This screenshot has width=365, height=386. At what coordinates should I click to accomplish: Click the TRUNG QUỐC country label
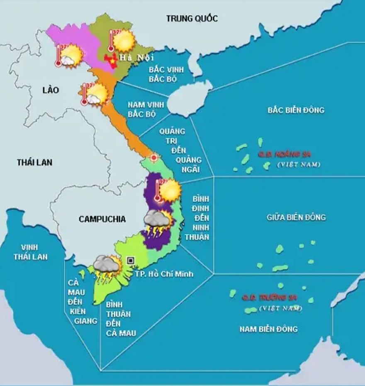pos(192,18)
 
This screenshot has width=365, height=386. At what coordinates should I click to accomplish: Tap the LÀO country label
pos(51,90)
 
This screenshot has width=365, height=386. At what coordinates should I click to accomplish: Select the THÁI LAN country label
pos(35,162)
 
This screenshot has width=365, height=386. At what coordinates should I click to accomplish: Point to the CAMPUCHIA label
pos(102,219)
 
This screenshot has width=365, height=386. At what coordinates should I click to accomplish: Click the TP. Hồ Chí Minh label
pos(164,274)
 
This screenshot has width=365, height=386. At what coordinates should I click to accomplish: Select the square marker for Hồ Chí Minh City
pos(131,260)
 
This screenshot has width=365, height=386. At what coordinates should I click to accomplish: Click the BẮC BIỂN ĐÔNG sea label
pos(296,110)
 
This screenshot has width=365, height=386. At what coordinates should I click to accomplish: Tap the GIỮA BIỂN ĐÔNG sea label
pos(296,217)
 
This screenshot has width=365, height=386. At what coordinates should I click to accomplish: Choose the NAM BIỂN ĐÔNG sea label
pos(268,329)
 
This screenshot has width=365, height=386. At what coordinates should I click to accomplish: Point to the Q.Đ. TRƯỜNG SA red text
pos(270,298)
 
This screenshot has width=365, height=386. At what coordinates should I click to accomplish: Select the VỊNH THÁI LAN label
pos(30,252)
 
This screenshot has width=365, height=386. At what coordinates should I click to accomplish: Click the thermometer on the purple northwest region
pos(58,56)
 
